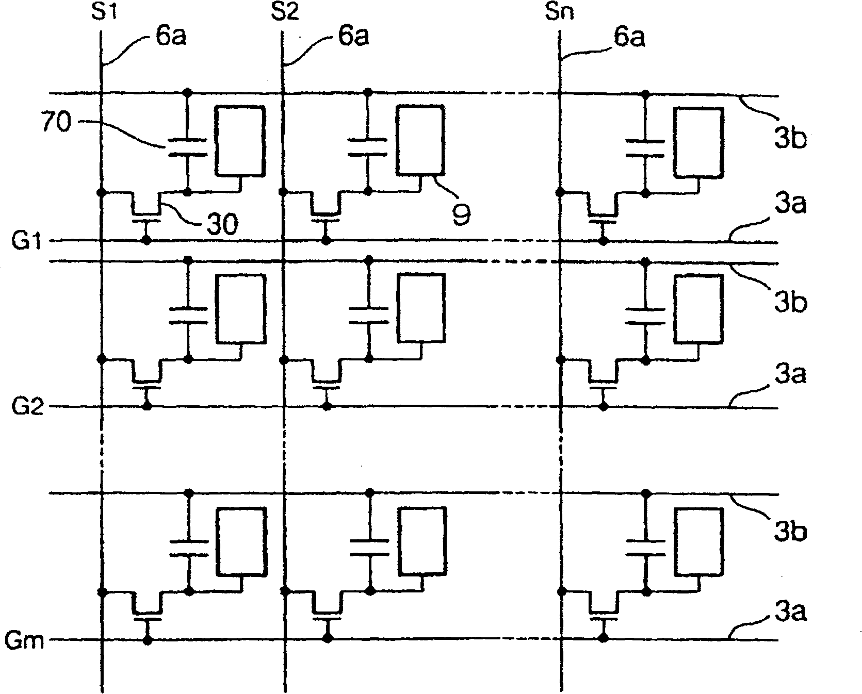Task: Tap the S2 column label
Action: [x=284, y=11]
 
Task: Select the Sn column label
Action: [x=560, y=11]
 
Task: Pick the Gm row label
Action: [x=25, y=641]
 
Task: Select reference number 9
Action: [x=462, y=214]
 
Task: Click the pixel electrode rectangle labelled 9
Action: [x=419, y=139]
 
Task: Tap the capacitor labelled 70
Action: [x=187, y=146]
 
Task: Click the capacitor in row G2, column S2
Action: [x=368, y=316]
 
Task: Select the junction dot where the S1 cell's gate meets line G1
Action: [x=147, y=241]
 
